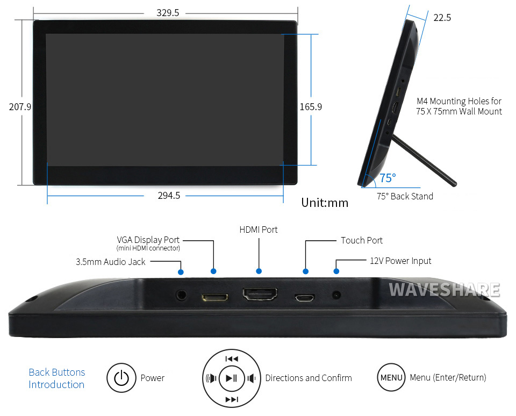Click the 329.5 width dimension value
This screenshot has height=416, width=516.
click(x=168, y=13)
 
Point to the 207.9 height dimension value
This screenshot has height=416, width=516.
click(x=20, y=107)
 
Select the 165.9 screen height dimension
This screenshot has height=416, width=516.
click(x=311, y=107)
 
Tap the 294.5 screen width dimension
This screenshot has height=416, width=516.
click(x=169, y=196)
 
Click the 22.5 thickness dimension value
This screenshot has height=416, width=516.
click(x=442, y=18)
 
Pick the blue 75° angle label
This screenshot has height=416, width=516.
click(x=388, y=178)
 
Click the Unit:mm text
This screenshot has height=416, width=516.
click(x=325, y=203)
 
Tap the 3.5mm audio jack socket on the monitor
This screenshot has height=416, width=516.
click(x=181, y=295)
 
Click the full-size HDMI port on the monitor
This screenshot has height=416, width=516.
click(x=260, y=294)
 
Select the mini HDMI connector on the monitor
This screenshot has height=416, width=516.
click(x=214, y=298)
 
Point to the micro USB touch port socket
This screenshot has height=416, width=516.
click(x=304, y=298)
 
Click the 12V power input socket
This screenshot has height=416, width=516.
click(x=336, y=295)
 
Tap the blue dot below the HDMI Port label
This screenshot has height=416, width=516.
click(x=259, y=271)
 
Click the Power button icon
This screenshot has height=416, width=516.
click(x=121, y=378)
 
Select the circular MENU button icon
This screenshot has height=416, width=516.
click(x=391, y=377)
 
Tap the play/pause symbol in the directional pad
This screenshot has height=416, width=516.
click(x=231, y=378)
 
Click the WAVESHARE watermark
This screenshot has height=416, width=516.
click(x=445, y=290)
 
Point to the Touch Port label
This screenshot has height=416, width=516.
click(x=362, y=241)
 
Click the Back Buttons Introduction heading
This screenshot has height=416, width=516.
click(x=56, y=378)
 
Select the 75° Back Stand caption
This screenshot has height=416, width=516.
click(x=405, y=197)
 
